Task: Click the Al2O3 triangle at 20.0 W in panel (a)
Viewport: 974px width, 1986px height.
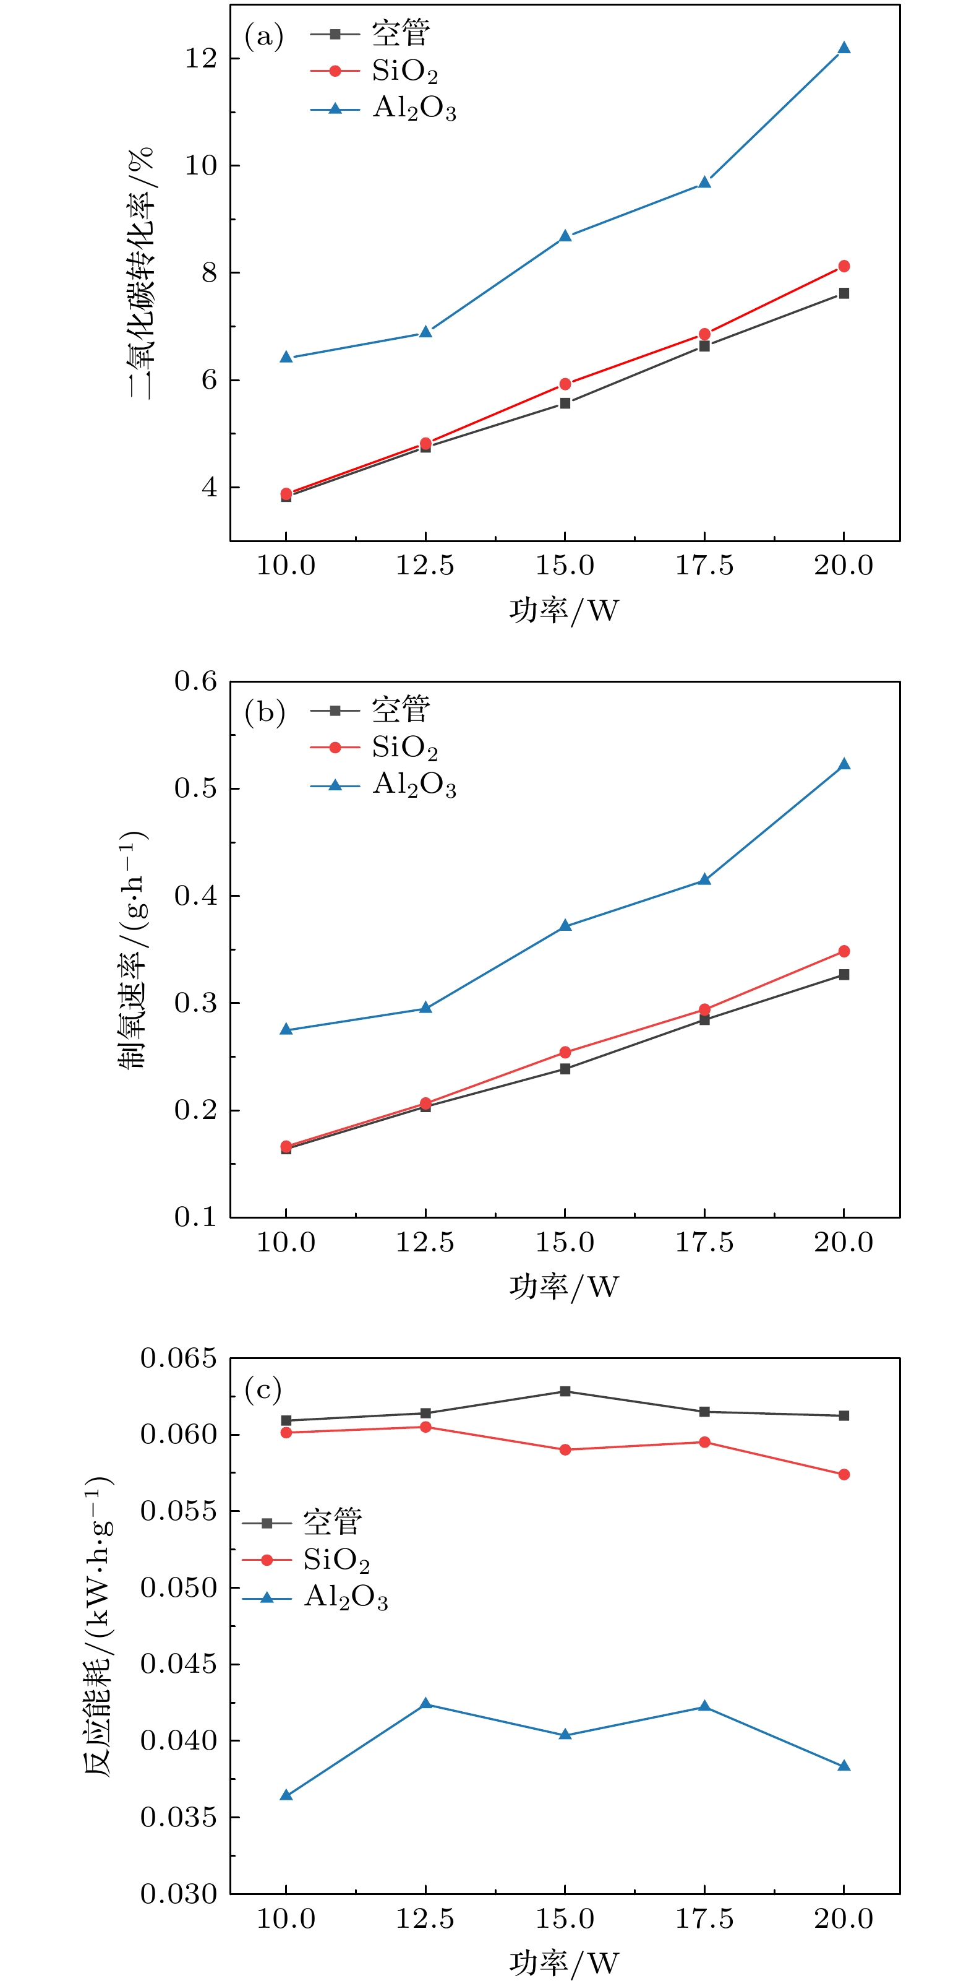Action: pyautogui.click(x=844, y=48)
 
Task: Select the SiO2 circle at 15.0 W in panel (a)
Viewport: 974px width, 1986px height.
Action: pyautogui.click(x=565, y=384)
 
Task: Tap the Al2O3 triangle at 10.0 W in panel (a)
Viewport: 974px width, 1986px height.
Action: pyautogui.click(x=286, y=357)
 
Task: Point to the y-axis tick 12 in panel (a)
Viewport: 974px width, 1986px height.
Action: pyautogui.click(x=200, y=59)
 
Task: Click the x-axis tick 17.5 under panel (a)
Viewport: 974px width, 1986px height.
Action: pyautogui.click(x=704, y=565)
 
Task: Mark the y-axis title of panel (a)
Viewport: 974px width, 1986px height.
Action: pyautogui.click(x=142, y=273)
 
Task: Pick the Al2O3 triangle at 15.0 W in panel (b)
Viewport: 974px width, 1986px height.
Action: pyautogui.click(x=565, y=925)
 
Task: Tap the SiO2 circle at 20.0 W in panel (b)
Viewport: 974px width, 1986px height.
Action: pyautogui.click(x=844, y=951)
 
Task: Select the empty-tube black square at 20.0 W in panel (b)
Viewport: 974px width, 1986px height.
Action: pyautogui.click(x=844, y=975)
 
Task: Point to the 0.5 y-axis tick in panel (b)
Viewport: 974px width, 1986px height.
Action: pyautogui.click(x=195, y=788)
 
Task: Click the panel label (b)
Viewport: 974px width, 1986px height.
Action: pyautogui.click(x=264, y=712)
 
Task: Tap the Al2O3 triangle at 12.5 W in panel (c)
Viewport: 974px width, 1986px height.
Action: pyautogui.click(x=425, y=1703)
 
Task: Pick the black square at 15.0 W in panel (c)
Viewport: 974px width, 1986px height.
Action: pyautogui.click(x=565, y=1391)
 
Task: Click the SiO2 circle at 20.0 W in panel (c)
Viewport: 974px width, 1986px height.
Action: pyautogui.click(x=844, y=1474)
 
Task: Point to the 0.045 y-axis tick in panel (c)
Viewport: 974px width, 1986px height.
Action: pyautogui.click(x=178, y=1664)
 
